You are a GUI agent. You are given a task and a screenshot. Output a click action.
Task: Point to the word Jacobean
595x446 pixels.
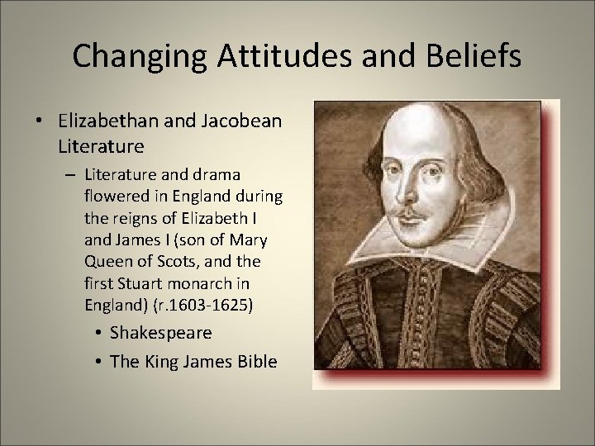pyautogui.click(x=244, y=121)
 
